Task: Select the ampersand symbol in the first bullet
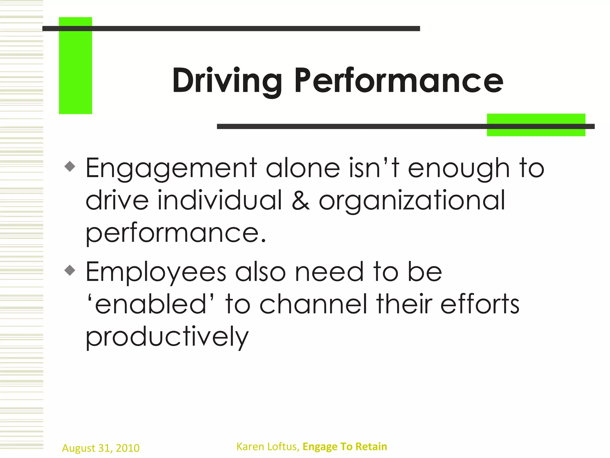click(301, 200)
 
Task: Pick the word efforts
click(480, 304)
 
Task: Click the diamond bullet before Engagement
click(70, 166)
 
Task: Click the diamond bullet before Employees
click(70, 270)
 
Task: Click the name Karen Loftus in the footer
click(267, 447)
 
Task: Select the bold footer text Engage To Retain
click(345, 447)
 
